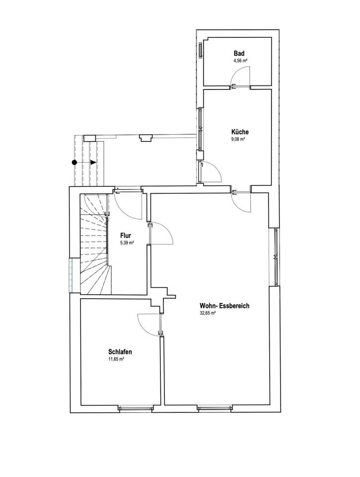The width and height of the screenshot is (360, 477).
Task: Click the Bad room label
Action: (239, 54)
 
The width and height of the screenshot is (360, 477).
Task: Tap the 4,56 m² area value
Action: (240, 61)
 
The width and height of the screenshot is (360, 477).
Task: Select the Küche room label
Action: (240, 132)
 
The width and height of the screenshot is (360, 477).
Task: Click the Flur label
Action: (126, 236)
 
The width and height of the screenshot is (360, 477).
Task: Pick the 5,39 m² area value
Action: (127, 243)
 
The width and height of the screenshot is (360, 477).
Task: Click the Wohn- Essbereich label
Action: (224, 306)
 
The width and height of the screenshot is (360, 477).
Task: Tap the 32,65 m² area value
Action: (208, 313)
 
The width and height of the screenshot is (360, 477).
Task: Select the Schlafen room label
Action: (120, 352)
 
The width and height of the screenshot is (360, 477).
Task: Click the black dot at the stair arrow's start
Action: (74, 162)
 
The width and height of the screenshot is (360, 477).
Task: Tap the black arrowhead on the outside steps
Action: (93, 162)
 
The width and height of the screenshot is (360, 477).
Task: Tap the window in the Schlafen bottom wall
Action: (136, 408)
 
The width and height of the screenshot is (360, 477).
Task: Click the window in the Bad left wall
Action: (200, 50)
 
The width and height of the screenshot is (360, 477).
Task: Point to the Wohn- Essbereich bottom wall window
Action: (216, 408)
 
